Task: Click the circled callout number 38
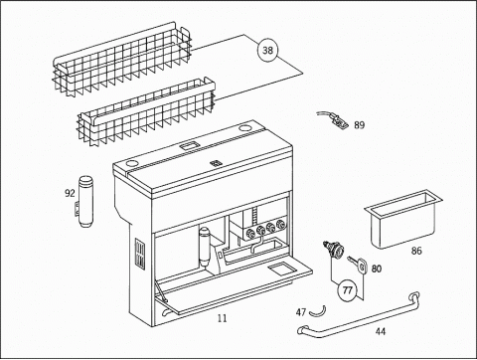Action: (267, 50)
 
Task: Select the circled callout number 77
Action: (347, 290)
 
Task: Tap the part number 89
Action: (360, 125)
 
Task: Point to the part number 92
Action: (70, 193)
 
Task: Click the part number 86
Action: (416, 251)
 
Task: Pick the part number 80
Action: (377, 269)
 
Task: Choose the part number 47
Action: (301, 312)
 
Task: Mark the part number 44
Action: (381, 331)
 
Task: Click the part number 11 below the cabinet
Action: (223, 318)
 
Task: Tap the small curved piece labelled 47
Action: (318, 312)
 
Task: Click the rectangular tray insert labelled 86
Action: (403, 219)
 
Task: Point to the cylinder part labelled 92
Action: (85, 202)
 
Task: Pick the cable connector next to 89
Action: (338, 121)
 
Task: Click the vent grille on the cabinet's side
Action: (140, 254)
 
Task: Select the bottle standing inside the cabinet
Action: (205, 247)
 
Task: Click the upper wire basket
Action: (122, 59)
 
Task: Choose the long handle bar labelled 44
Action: (360, 315)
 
